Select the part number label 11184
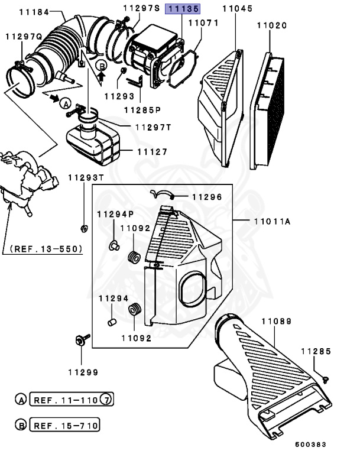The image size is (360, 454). (x=33, y=11)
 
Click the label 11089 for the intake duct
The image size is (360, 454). (x=277, y=321)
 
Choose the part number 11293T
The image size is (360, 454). (x=84, y=177)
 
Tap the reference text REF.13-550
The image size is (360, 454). (x=44, y=249)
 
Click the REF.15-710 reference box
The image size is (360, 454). (x=64, y=425)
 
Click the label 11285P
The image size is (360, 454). (x=142, y=109)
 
